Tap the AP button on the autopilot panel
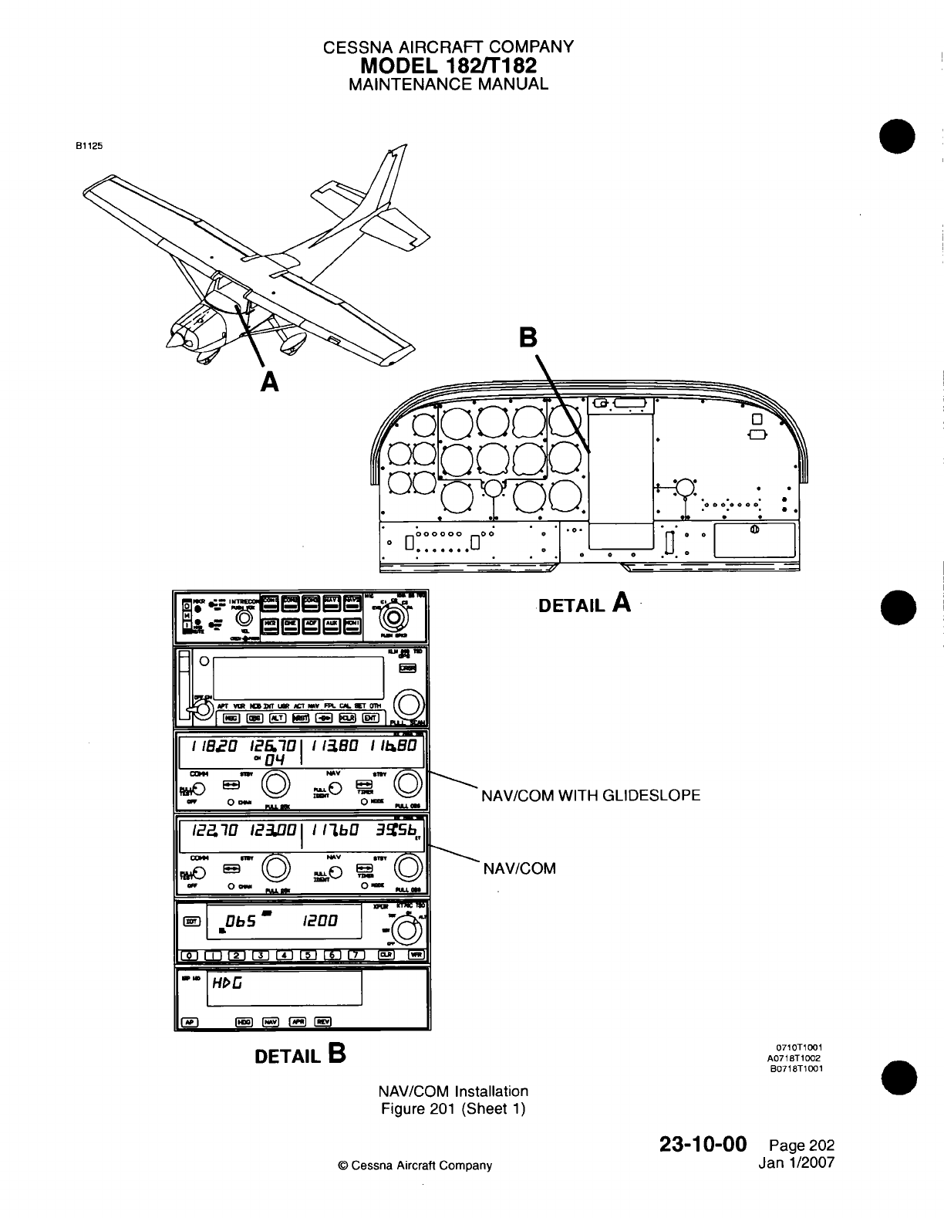pyautogui.click(x=188, y=1022)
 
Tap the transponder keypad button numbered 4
pyautogui.click(x=285, y=955)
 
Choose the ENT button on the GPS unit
pyautogui.click(x=372, y=717)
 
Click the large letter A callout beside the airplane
pyautogui.click(x=269, y=381)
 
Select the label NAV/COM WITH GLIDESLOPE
pyautogui.click(x=591, y=795)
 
